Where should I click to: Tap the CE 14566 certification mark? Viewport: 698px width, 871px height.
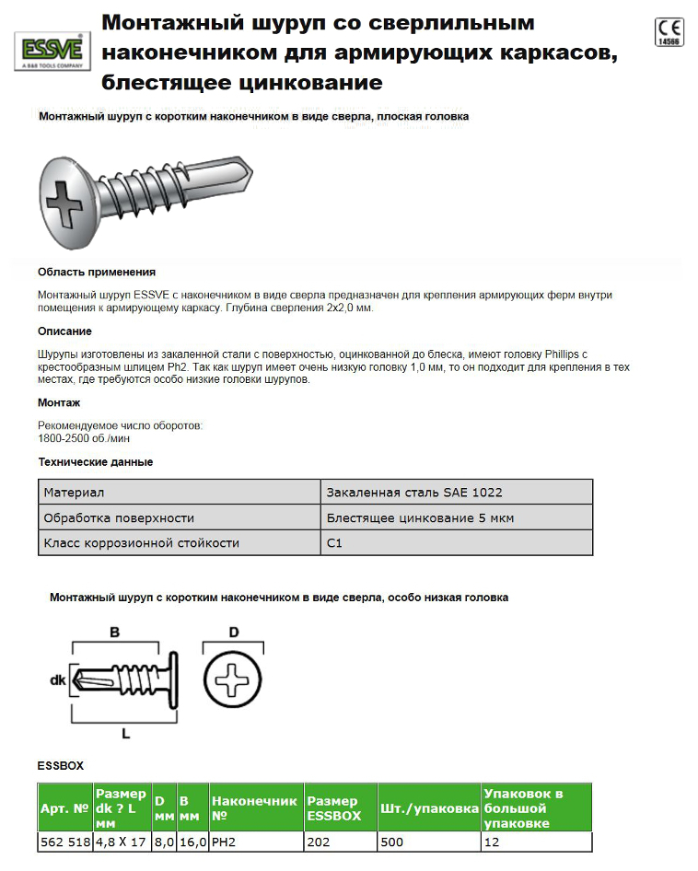[669, 31]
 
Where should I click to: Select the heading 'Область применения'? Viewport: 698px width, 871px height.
[96, 272]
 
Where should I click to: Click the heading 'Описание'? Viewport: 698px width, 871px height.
[64, 331]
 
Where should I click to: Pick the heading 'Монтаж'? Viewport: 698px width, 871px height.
[59, 402]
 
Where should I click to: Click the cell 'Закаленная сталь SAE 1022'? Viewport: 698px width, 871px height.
[414, 493]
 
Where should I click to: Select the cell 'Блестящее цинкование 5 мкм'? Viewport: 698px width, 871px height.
[420, 517]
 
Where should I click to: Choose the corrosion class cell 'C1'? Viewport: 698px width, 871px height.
[335, 542]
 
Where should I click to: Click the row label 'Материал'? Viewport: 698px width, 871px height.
[75, 493]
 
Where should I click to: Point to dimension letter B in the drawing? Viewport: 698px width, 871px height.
[115, 633]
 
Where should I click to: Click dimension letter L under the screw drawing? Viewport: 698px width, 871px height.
[125, 734]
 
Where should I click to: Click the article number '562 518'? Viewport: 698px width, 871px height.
[64, 841]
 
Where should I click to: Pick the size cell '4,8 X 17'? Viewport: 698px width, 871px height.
[121, 841]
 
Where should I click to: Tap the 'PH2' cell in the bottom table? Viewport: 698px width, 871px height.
[225, 841]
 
